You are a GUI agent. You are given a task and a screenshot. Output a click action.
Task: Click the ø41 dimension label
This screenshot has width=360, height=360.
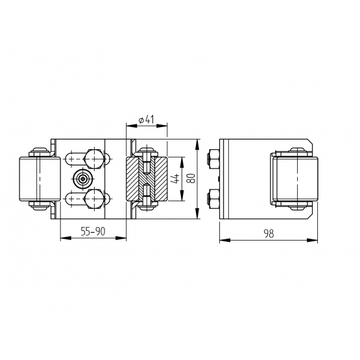pos(146,119)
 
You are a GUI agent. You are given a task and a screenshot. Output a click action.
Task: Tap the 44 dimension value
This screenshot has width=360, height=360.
pos(176,178)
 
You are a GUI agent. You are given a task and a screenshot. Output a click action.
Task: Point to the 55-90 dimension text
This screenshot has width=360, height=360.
pos(93,232)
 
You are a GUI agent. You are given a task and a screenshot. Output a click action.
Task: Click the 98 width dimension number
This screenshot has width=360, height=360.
pos(269,234)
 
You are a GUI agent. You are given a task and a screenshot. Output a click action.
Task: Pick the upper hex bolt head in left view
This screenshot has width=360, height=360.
pos(93,159)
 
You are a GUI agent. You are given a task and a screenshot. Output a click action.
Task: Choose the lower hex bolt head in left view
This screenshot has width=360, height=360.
pos(93,199)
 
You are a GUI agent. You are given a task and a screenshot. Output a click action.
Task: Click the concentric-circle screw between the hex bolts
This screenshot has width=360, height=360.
pos(82,179)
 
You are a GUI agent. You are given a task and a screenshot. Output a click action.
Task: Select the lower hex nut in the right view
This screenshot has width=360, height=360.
pos(213,199)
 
